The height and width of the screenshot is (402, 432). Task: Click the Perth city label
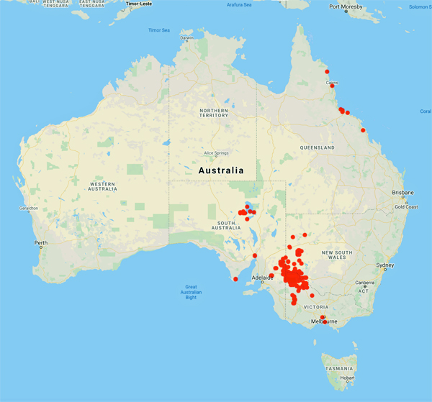[x=40, y=242]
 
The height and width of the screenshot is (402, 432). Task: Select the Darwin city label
[x=186, y=37]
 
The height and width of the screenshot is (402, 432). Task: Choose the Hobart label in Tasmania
[x=348, y=377]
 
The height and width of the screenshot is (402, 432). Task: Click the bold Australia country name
[x=220, y=170]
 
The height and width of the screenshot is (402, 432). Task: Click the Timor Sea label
[x=158, y=30]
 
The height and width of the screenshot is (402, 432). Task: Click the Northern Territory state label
[x=214, y=112]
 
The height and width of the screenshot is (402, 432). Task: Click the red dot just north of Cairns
[x=327, y=72]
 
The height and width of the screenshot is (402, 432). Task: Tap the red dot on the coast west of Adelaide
[x=235, y=279]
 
